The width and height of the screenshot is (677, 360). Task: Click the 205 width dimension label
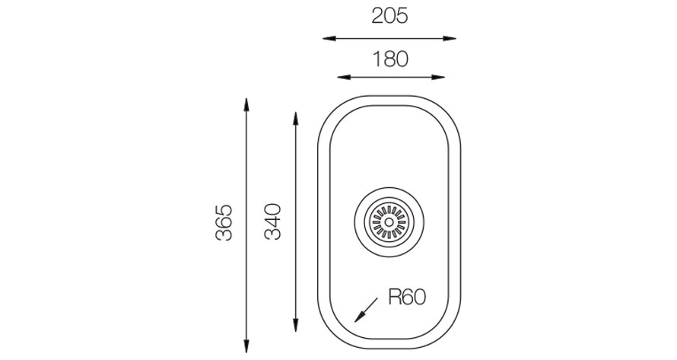click(x=389, y=17)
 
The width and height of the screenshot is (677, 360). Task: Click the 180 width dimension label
click(x=390, y=59)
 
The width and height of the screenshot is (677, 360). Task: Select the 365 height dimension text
click(x=224, y=222)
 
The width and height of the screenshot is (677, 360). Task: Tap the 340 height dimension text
click(x=272, y=221)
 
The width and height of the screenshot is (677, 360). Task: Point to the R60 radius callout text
click(x=407, y=297)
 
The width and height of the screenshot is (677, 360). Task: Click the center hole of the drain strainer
click(x=389, y=222)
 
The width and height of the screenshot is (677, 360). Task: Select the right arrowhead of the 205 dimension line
click(x=450, y=39)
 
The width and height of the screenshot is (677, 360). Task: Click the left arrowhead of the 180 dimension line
click(x=344, y=78)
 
